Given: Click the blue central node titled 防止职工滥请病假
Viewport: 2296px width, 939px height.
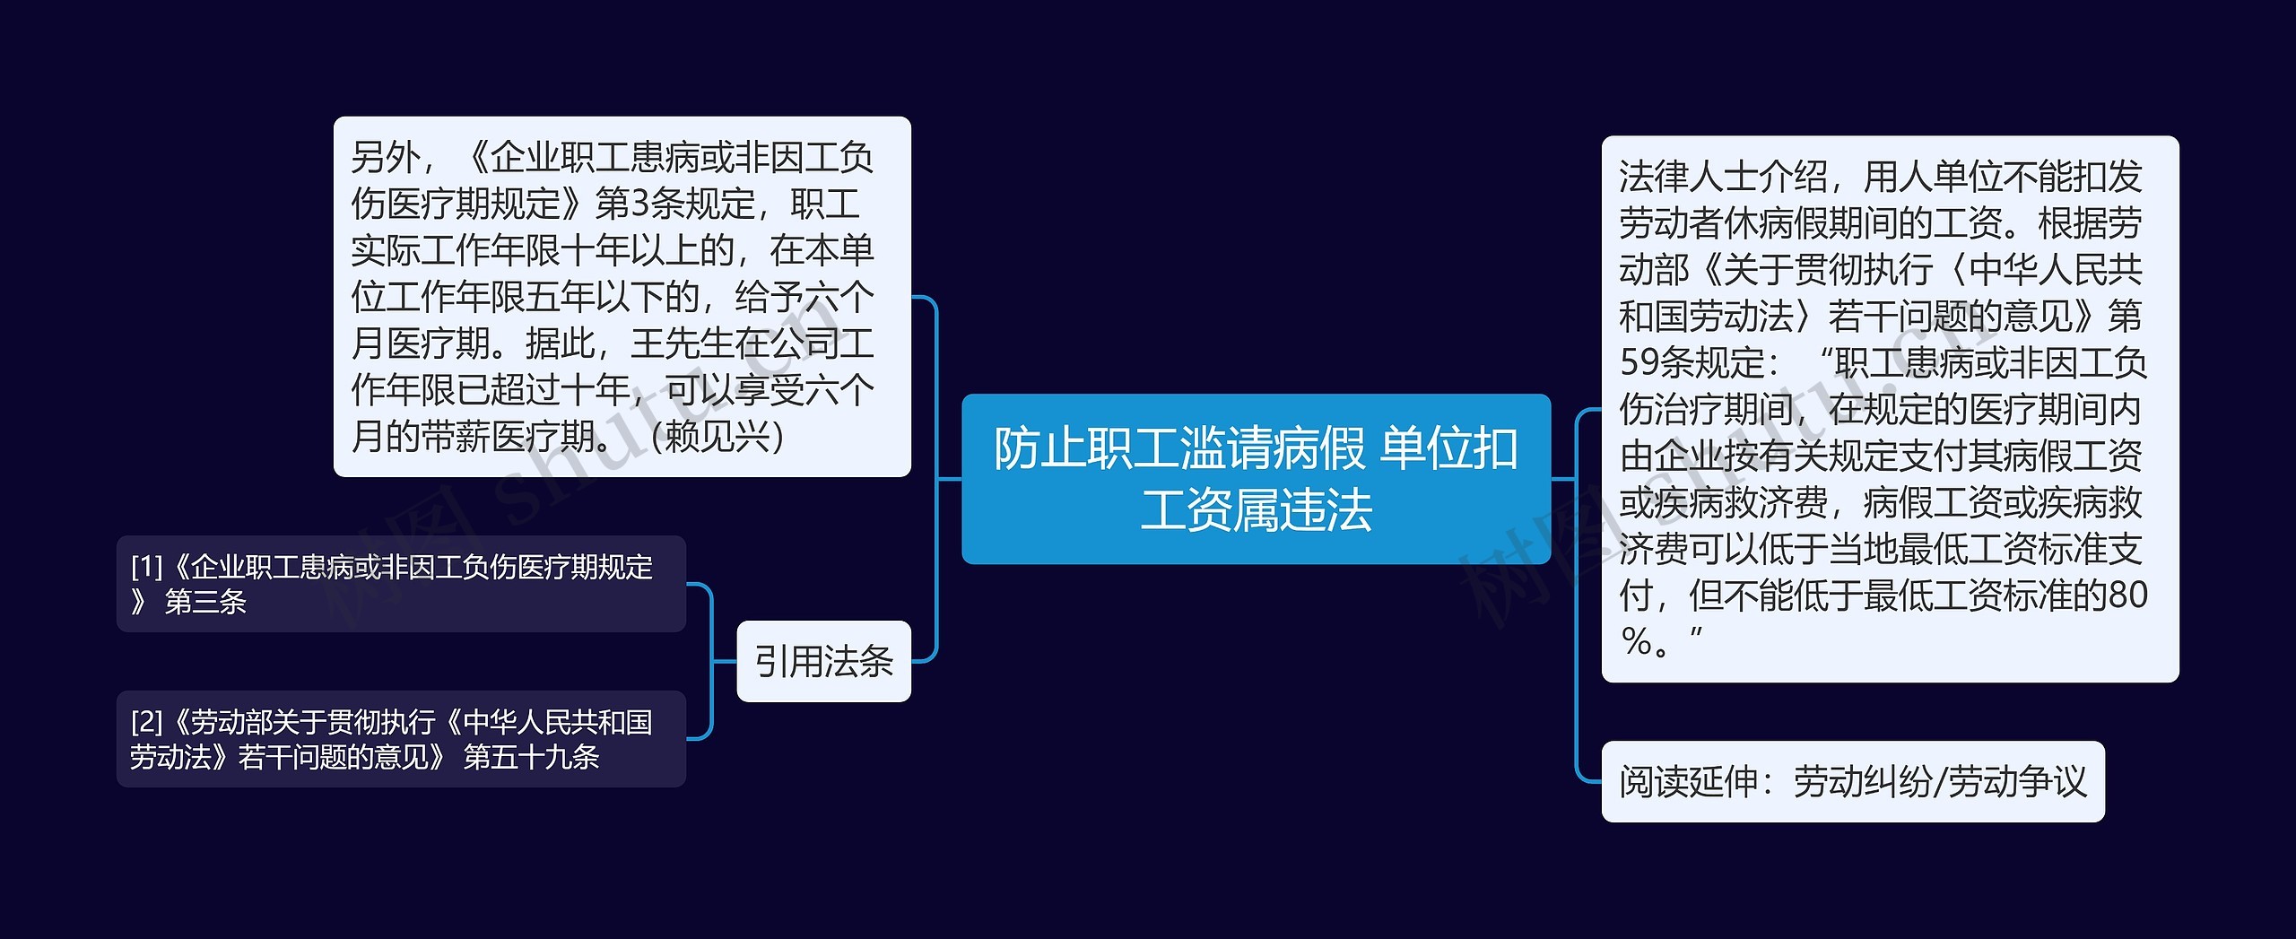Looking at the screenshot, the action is click(1256, 478).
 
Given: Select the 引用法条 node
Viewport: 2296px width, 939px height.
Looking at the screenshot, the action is click(823, 661).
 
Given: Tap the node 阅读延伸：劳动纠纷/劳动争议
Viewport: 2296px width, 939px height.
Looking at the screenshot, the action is click(1852, 781).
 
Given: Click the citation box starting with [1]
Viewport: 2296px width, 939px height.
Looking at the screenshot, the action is click(401, 584).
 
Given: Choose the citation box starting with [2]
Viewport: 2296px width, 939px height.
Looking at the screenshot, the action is click(401, 739).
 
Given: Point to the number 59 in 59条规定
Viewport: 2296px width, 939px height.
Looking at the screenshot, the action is click(1639, 363).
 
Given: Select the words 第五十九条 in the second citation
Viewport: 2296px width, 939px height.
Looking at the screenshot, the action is click(531, 757).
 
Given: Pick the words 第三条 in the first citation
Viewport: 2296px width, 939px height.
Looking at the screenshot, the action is click(205, 602).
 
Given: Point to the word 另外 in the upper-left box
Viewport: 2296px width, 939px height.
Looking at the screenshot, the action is click(386, 158).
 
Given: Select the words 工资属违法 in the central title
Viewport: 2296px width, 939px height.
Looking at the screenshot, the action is click(1256, 510).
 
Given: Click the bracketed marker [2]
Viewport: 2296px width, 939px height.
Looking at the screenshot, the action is click(146, 722).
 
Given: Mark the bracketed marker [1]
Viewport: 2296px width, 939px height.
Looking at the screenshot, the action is click(146, 567).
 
